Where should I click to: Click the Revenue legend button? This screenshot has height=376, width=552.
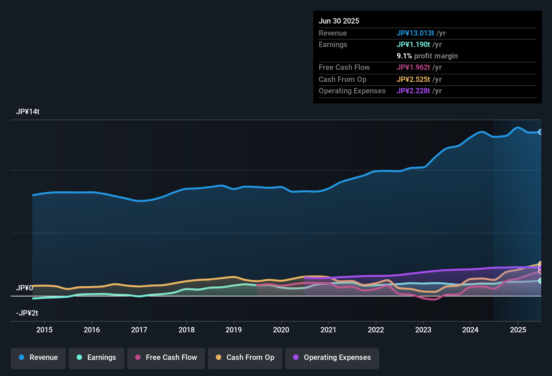click(38, 358)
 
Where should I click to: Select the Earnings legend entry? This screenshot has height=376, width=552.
click(96, 358)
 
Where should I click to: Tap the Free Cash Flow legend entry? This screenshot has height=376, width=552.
click(166, 358)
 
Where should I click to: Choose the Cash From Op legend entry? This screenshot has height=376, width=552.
click(245, 358)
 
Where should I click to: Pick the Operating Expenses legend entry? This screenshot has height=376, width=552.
click(332, 358)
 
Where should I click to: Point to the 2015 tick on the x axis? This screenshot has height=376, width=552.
click(44, 330)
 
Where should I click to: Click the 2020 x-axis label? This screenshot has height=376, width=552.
click(281, 330)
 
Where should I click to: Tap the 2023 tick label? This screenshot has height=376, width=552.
click(423, 330)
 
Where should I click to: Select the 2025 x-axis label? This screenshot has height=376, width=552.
click(518, 330)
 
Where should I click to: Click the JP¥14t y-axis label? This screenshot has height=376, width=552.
click(28, 112)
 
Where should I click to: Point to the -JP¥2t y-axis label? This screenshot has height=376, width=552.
click(27, 313)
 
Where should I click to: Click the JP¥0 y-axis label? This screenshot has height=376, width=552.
click(25, 288)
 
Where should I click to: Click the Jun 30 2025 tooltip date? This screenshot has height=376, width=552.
click(339, 21)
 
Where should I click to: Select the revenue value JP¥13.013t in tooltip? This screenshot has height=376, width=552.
click(416, 33)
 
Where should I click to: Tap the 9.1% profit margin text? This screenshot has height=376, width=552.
click(427, 56)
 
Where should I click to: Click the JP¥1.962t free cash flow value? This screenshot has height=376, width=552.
click(413, 67)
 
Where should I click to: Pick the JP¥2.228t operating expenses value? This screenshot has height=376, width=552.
click(413, 91)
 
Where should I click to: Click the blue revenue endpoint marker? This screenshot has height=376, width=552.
click(540, 132)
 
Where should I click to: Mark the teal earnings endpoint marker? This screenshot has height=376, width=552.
click(540, 281)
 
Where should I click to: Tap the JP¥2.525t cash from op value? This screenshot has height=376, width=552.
click(413, 80)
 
